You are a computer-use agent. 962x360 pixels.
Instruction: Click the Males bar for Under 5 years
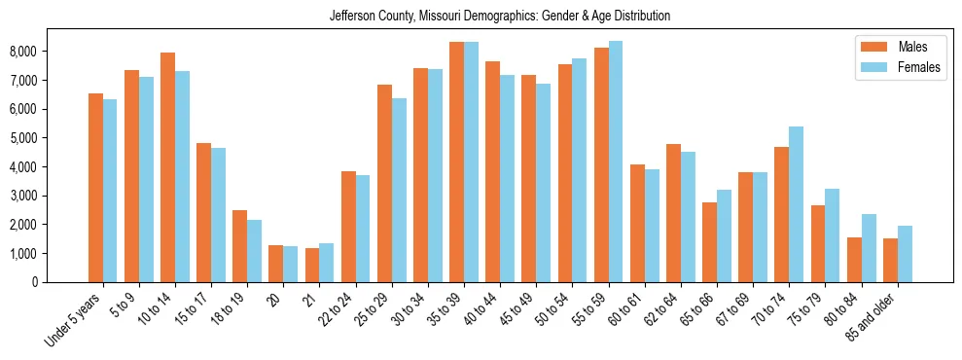tap(95, 188)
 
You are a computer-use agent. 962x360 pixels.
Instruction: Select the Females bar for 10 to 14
tap(182, 176)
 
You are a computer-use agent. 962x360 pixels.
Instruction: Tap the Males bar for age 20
tap(275, 264)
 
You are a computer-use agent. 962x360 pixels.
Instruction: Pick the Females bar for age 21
tap(326, 263)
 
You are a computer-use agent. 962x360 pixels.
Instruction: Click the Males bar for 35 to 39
tap(456, 162)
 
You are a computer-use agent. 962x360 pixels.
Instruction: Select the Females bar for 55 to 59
tap(615, 162)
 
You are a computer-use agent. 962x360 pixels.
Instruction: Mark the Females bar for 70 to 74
tap(796, 204)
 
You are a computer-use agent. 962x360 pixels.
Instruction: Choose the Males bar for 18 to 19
tap(239, 246)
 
